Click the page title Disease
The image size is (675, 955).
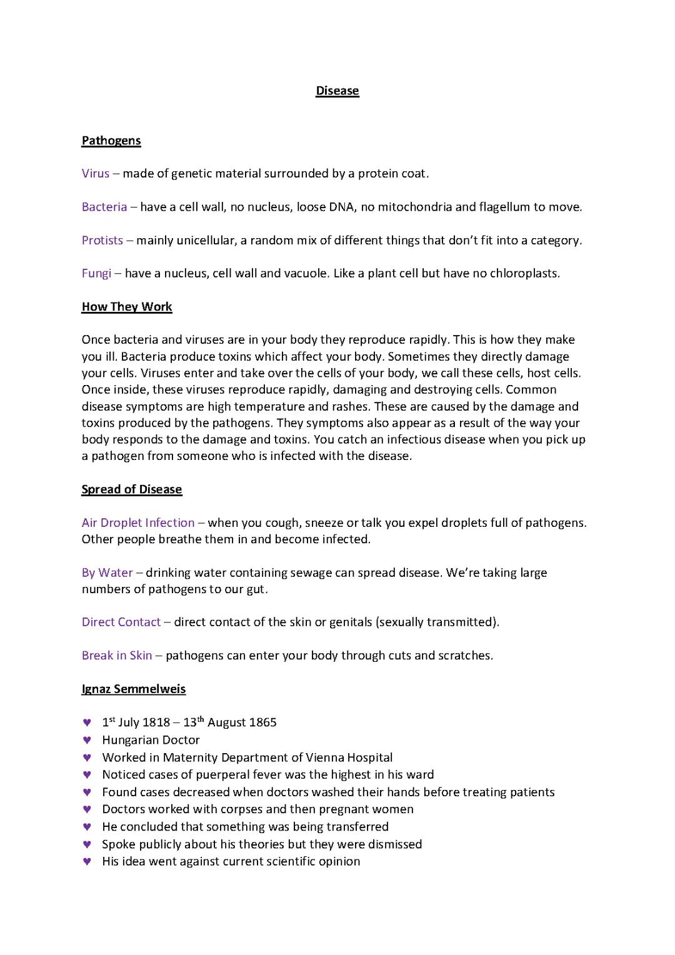pos(337,91)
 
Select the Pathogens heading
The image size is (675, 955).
pos(111,141)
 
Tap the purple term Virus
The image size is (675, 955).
pos(96,173)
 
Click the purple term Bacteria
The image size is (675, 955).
pos(104,207)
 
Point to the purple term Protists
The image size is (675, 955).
pos(102,240)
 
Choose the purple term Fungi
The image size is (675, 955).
pos(96,273)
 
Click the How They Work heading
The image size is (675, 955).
pos(127,306)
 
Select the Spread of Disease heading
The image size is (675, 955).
pos(131,489)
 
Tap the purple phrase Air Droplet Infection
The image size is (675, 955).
pos(138,522)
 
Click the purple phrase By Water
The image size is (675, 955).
pos(107,572)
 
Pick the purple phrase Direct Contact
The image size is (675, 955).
pos(121,622)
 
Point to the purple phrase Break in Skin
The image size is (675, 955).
pos(117,655)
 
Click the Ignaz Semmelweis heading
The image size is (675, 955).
pos(133,689)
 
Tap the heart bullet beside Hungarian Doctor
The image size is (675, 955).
pos(87,740)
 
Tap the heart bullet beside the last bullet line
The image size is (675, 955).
pos(87,861)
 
